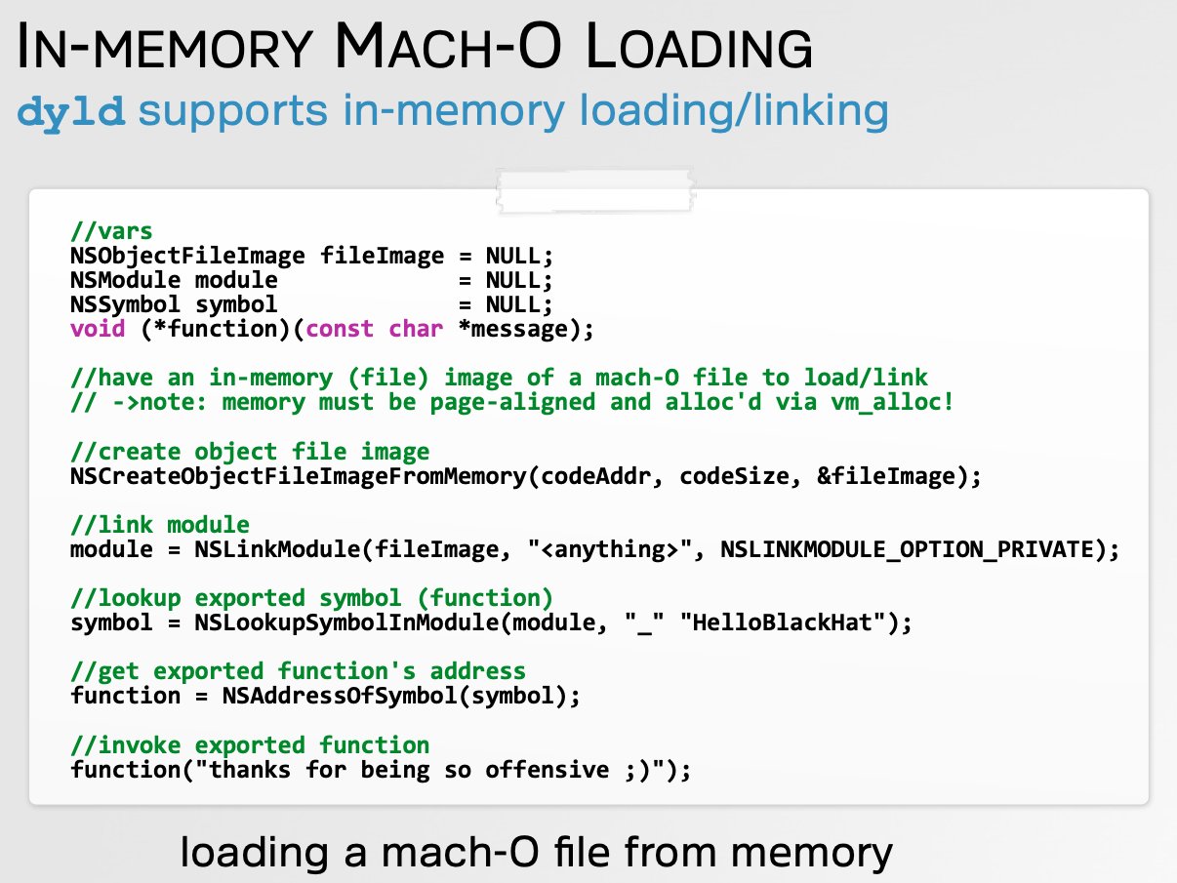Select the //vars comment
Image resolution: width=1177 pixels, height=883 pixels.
click(x=111, y=231)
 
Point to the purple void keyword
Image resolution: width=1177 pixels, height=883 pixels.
click(x=98, y=329)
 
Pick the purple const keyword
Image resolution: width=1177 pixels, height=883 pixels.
click(x=340, y=329)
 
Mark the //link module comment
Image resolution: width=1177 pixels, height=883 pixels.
click(x=159, y=525)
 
